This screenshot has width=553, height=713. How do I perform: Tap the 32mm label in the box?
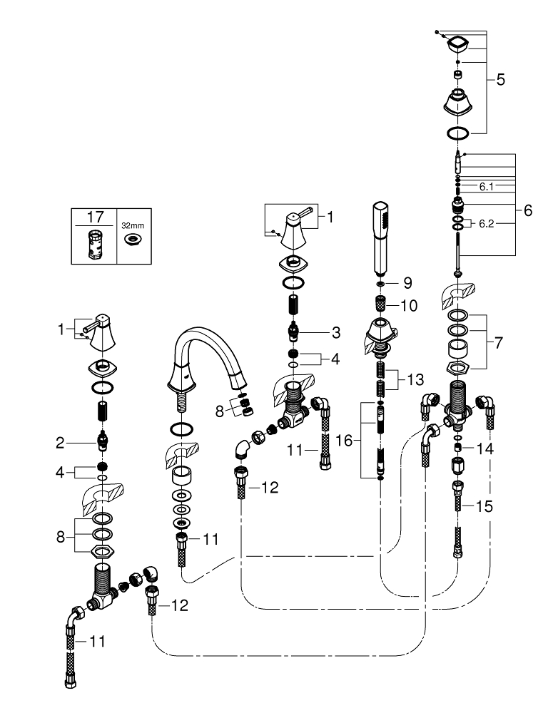pyautogui.click(x=132, y=225)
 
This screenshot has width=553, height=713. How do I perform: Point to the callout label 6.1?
pyautogui.click(x=487, y=186)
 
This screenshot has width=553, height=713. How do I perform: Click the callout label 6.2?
pyautogui.click(x=487, y=223)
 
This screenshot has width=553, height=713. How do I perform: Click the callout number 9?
pyautogui.click(x=407, y=283)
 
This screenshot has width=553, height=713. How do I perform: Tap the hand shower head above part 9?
pyautogui.click(x=380, y=239)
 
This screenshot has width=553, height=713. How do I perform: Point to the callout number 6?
pyautogui.click(x=528, y=211)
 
